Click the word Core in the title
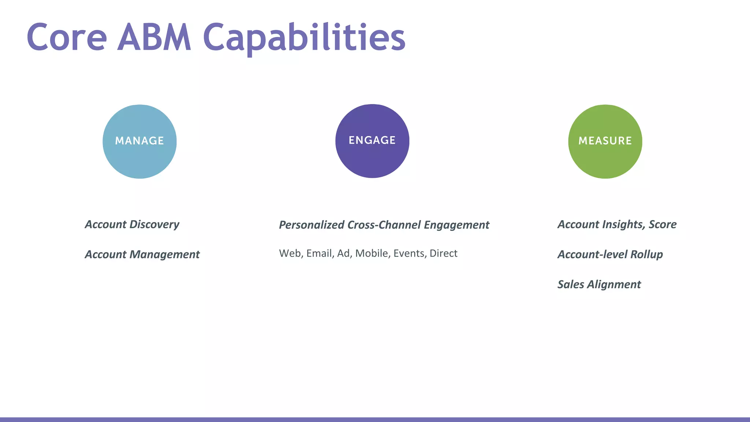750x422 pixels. [67, 37]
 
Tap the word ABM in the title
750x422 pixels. [154, 37]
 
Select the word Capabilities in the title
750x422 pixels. [304, 37]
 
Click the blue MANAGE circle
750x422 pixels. [140, 141]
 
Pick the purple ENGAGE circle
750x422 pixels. [372, 141]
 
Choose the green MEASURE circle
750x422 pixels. [605, 141]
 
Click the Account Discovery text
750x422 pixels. [132, 224]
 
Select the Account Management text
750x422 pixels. [142, 254]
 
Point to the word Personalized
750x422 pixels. [311, 225]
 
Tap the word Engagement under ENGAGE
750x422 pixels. [456, 225]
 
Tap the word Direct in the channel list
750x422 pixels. [443, 253]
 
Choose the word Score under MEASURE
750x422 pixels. [662, 224]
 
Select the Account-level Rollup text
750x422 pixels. [610, 254]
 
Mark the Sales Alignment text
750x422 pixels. [599, 284]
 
